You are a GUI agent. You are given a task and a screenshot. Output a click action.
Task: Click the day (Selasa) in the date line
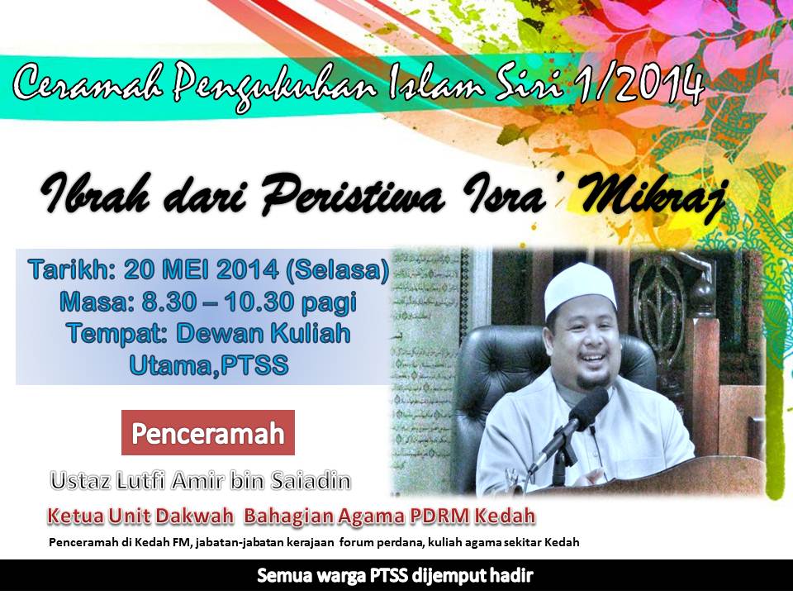click(x=337, y=269)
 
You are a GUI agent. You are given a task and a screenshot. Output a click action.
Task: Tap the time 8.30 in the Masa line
click(x=169, y=302)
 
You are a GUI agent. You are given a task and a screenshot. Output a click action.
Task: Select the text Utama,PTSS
click(x=209, y=364)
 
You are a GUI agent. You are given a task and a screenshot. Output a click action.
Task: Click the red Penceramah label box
click(x=208, y=432)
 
